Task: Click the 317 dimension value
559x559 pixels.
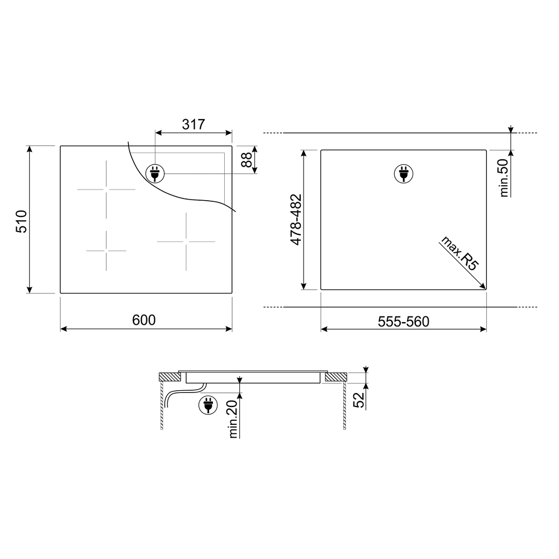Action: [x=193, y=125]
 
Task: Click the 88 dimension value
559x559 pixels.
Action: [x=247, y=159]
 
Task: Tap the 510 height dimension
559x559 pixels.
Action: [x=21, y=221]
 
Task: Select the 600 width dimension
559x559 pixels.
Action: [x=144, y=320]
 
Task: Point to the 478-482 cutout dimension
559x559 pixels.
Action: [x=296, y=220]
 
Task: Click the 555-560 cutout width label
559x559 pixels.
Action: [x=403, y=322]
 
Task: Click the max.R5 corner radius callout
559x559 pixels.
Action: [x=460, y=253]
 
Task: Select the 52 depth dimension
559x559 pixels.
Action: [x=359, y=399]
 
